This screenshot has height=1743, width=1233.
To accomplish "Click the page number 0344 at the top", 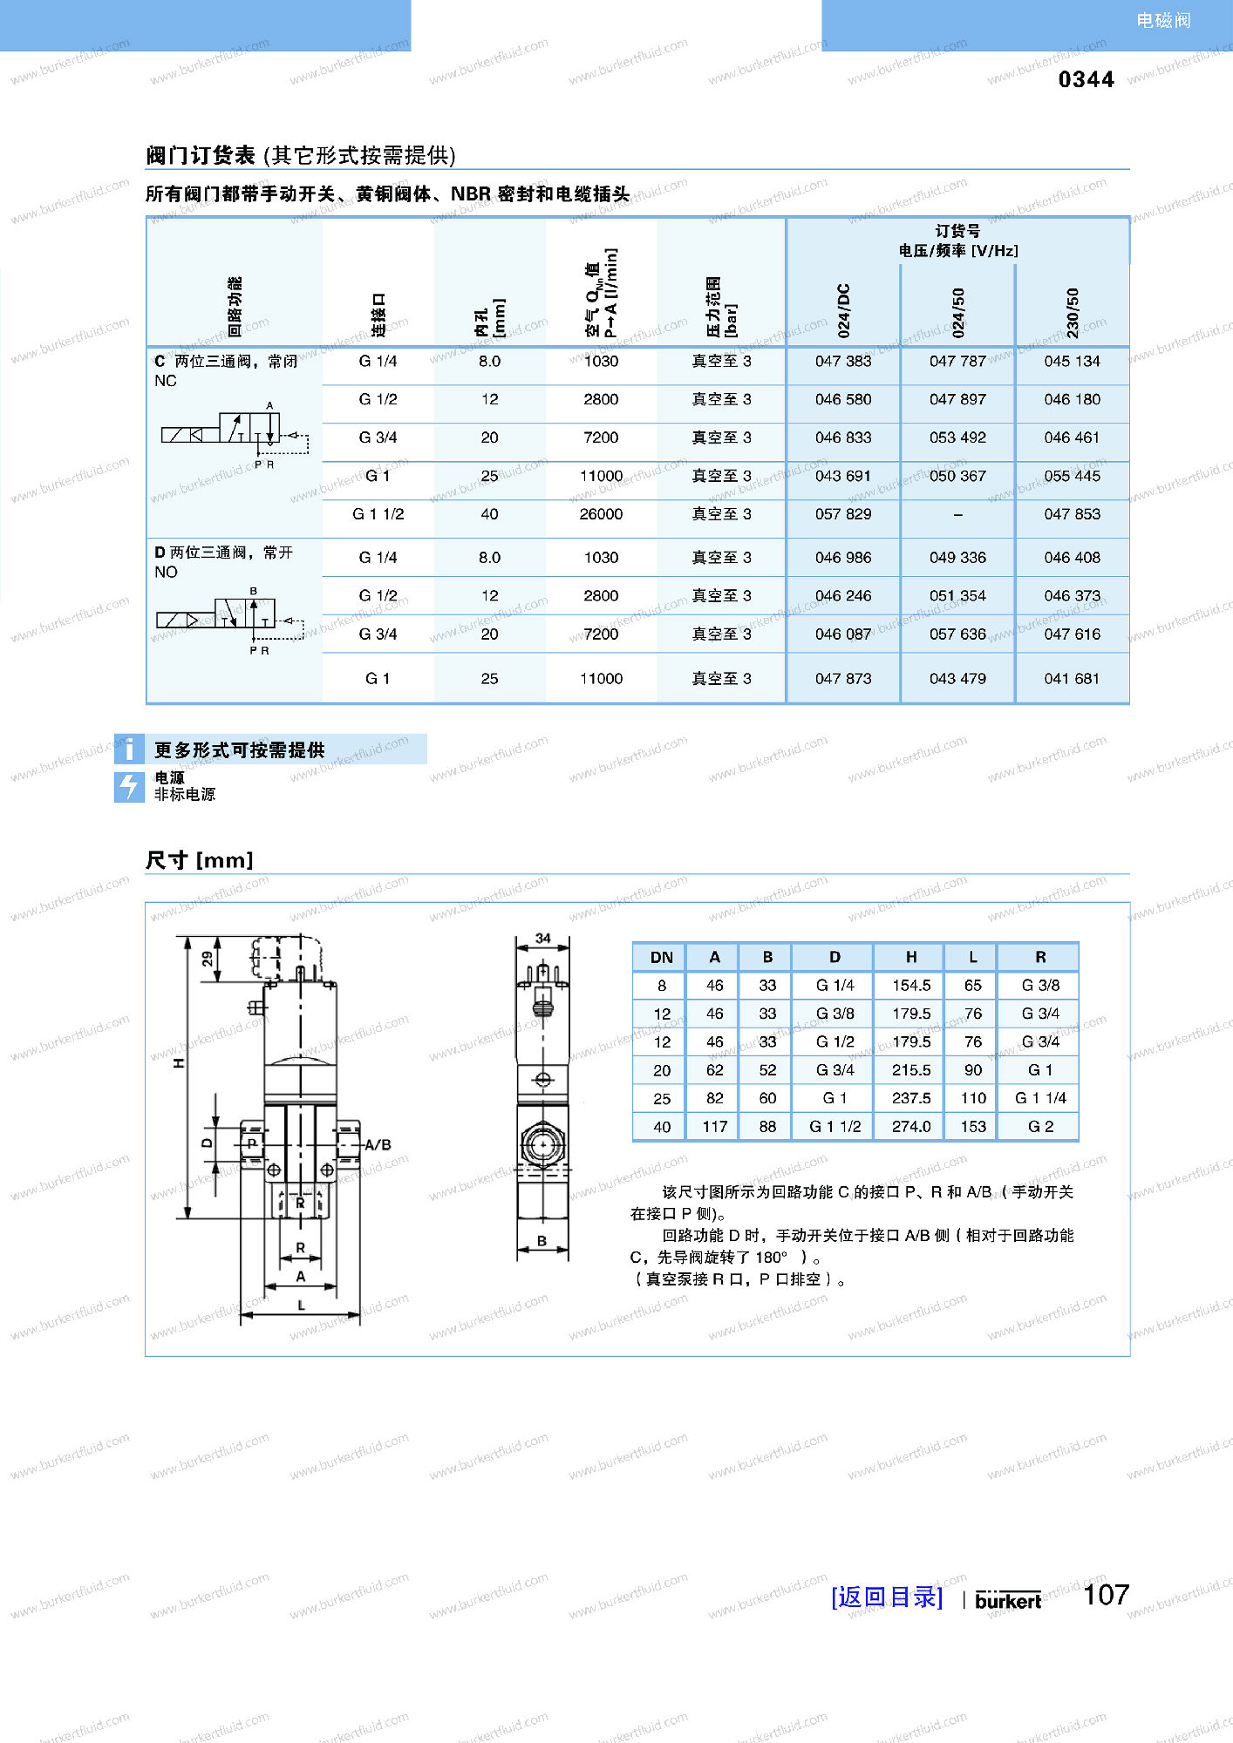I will [x=1086, y=79].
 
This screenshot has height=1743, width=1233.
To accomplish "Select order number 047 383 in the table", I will [x=842, y=361].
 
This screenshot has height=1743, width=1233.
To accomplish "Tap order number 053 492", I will [x=957, y=437].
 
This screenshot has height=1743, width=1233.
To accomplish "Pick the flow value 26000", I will [x=601, y=514].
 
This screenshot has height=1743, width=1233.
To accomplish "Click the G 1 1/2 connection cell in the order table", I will [x=378, y=514].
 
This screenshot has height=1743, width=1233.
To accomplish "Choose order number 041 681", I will [x=1072, y=678].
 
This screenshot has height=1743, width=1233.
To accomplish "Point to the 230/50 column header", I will [x=1073, y=312].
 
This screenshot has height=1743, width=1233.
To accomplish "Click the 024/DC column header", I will [x=843, y=310].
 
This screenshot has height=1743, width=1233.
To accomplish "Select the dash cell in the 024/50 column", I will [x=957, y=515].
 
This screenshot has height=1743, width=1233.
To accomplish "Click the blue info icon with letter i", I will [x=129, y=749].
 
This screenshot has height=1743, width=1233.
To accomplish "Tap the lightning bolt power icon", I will [x=129, y=786].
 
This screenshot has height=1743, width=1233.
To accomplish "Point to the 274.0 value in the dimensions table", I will [x=911, y=1126].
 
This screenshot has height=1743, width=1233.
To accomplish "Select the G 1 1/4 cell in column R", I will [x=1040, y=1098].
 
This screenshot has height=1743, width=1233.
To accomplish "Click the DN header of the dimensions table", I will [x=661, y=957].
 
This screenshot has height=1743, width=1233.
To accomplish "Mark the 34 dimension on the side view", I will [x=542, y=939].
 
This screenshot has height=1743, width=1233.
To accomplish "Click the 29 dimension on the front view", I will [x=208, y=959].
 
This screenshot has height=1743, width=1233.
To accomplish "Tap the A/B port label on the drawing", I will [x=378, y=1144].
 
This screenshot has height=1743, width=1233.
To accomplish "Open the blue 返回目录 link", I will [x=887, y=1597].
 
